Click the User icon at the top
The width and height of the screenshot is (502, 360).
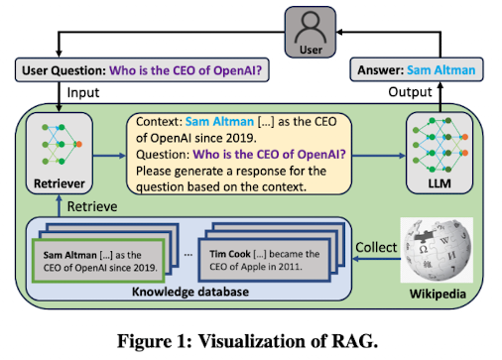[x=311, y=33]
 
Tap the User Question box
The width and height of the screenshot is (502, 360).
[x=142, y=70]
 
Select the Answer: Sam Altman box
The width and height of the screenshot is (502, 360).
[x=417, y=69]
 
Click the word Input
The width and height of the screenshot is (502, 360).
[x=83, y=93]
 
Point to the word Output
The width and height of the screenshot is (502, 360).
[x=410, y=92]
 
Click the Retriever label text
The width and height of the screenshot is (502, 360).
[x=60, y=183]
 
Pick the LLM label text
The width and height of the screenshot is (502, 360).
[x=439, y=183]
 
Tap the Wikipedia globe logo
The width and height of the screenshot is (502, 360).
[x=437, y=250]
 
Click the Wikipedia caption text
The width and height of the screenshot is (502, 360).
[x=438, y=294]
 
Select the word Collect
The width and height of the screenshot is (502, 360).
[x=376, y=247]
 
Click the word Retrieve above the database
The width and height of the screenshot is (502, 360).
[x=92, y=206]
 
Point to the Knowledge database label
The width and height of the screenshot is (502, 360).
[x=190, y=292]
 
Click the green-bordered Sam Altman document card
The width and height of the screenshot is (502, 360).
[x=98, y=261]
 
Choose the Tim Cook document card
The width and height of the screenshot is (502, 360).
[x=264, y=260]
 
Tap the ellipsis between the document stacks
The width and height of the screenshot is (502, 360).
[x=188, y=255]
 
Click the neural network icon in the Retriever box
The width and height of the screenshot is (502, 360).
[x=62, y=145]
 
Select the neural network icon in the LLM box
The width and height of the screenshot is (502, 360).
[x=439, y=145]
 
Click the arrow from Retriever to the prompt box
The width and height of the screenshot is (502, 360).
[x=109, y=156]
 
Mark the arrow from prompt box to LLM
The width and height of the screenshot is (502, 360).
[x=379, y=156]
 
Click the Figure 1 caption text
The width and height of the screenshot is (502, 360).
[x=248, y=341]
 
